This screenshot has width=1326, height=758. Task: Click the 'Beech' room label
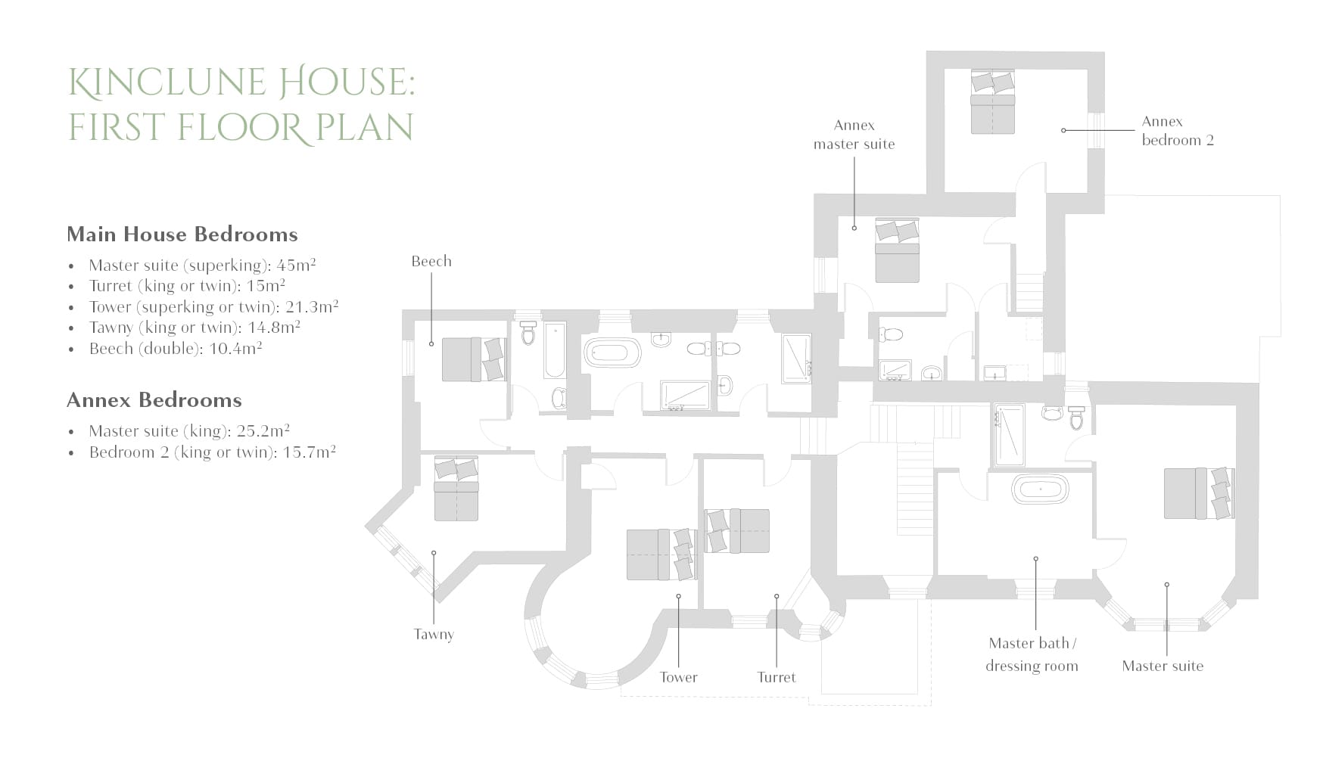[431, 261]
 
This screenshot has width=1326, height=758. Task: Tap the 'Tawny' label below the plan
[434, 635]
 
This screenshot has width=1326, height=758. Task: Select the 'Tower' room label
[678, 677]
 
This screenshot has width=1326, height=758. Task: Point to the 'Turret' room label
[777, 677]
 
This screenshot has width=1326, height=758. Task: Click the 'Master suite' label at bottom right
[1163, 666]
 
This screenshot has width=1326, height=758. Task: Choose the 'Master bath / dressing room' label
[1032, 654]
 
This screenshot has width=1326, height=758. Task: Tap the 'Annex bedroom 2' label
[1178, 131]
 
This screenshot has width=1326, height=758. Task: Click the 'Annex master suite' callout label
[854, 135]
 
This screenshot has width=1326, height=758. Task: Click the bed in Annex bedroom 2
[993, 102]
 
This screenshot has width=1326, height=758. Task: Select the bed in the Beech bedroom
[473, 359]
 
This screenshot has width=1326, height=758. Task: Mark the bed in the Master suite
[1199, 493]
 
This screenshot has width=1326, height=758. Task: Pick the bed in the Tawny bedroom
[456, 489]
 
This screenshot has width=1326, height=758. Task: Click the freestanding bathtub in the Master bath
[1041, 489]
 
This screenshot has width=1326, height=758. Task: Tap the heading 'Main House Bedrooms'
[182, 235]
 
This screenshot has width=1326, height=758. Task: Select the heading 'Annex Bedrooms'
[154, 400]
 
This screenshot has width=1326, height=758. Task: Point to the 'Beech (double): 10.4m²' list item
[176, 349]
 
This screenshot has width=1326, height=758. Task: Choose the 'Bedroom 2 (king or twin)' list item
[213, 452]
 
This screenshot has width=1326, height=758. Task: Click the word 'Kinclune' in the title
[167, 82]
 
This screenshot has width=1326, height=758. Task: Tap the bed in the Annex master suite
[898, 250]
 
